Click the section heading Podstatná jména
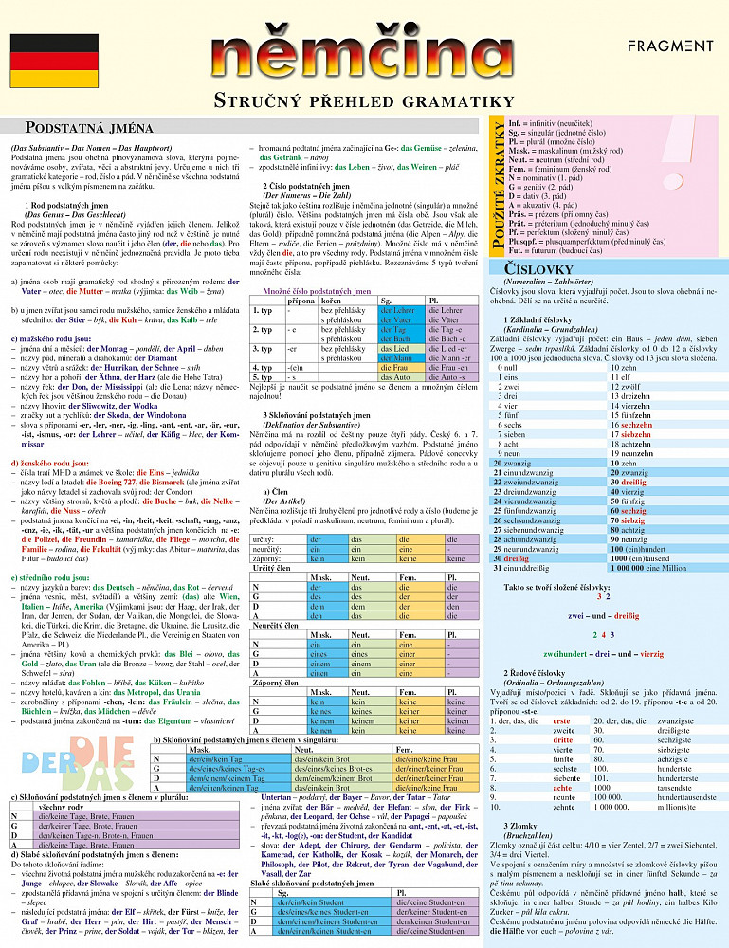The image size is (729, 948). pyautogui.click(x=88, y=127)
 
